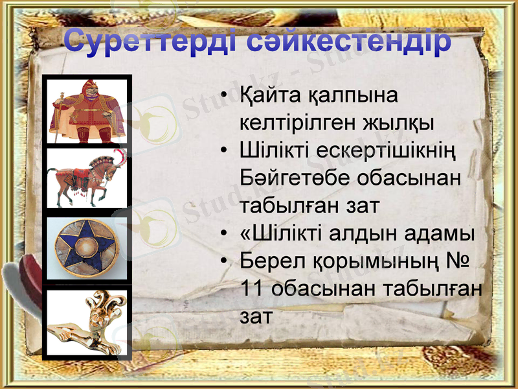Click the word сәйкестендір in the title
point(350,42)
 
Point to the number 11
point(253,289)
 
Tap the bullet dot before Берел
point(223,261)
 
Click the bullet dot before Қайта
point(223,96)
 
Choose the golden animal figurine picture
point(87,322)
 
